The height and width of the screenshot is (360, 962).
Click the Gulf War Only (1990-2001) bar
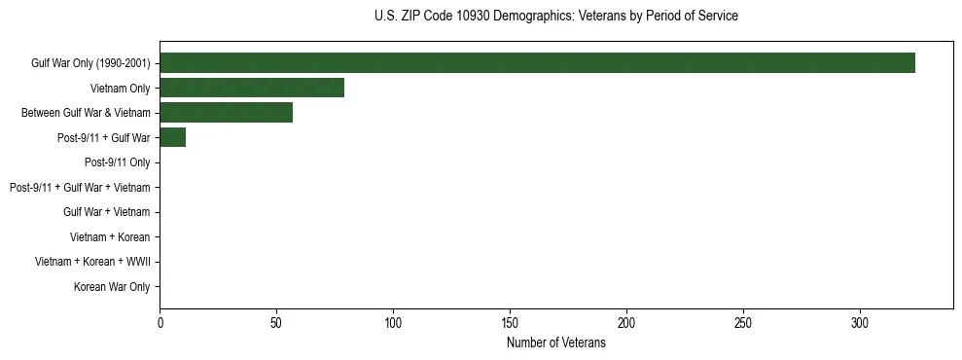coord(537,63)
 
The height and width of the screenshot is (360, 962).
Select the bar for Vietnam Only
coord(252,88)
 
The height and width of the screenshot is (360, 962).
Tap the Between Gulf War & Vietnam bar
coord(226,113)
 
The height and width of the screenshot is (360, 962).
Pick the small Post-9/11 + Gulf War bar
coord(172,137)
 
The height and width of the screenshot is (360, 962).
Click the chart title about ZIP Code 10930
coord(555,17)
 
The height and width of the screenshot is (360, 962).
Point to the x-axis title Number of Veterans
coord(555,343)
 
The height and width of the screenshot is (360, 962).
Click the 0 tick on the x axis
coord(160,323)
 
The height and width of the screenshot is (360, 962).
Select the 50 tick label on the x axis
coord(276,323)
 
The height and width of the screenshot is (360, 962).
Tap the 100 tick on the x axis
coord(393,323)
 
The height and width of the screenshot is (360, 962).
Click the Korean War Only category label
coord(112,287)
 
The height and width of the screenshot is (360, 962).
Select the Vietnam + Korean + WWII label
coord(92,262)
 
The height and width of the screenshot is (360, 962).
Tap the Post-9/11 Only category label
coord(118,162)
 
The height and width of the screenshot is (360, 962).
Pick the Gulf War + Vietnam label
coord(107,212)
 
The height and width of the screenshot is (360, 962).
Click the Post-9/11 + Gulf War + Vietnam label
coord(80,187)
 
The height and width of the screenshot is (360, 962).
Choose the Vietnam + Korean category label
coord(110,237)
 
